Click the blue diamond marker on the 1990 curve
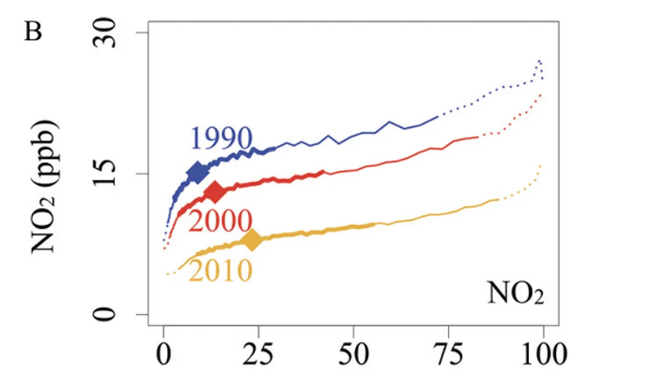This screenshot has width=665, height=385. tap(197, 173)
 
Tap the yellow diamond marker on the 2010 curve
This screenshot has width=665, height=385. tap(252, 241)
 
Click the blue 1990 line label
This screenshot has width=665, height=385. tap(222, 138)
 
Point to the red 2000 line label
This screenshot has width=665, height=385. tap(220, 222)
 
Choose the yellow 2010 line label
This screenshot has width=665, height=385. tap(220, 271)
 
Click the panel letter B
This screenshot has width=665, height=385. tap(33, 32)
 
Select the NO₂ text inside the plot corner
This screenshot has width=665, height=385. tap(515, 293)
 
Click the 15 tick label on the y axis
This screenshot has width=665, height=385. tap(106, 174)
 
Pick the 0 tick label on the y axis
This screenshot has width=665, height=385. tap(106, 314)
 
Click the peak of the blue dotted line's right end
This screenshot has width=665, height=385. tap(539, 60)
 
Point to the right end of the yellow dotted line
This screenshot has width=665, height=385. tap(540, 165)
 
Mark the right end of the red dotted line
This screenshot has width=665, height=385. tap(540, 95)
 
